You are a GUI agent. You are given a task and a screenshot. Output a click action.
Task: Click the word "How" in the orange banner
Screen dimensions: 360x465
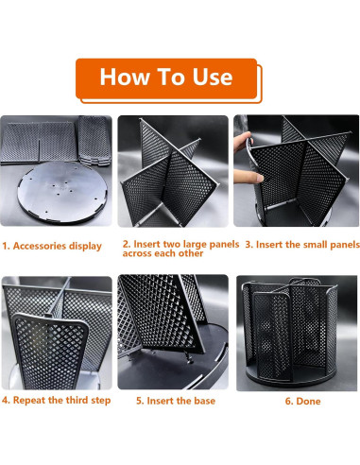click(125, 77)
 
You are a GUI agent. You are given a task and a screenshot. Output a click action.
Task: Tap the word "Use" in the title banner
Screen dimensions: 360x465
click(213, 77)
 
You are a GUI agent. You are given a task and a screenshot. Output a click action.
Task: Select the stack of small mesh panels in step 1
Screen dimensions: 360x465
click(94, 141)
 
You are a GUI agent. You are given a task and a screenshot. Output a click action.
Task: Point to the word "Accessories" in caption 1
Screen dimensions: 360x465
click(40, 246)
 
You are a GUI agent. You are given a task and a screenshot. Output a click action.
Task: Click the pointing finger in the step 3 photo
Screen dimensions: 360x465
click(249, 177)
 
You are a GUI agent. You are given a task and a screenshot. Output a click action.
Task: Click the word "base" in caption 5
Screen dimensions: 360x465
click(205, 401)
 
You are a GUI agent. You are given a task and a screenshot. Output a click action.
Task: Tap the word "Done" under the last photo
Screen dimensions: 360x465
click(309, 401)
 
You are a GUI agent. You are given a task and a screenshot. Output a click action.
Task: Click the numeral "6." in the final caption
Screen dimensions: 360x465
click(289, 401)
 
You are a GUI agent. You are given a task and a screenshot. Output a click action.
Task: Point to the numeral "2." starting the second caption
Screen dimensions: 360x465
click(127, 244)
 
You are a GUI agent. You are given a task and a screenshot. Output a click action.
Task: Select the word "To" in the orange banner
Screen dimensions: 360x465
click(171, 77)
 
